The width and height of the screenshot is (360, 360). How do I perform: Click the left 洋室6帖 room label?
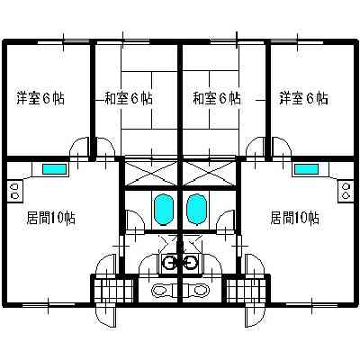tap(40, 98)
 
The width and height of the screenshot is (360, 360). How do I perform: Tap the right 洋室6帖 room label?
tap(304, 98)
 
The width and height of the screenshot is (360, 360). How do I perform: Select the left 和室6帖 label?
tap(129, 98)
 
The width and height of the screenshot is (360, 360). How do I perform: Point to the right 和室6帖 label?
tap(217, 98)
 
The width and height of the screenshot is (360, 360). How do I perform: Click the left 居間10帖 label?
tap(51, 218)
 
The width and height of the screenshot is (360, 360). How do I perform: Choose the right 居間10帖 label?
tap(295, 218)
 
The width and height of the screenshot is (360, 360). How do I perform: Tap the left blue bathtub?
tap(164, 209)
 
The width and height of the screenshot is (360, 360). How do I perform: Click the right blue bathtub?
tap(197, 209)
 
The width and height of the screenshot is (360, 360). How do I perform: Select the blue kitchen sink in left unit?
tap(54, 169)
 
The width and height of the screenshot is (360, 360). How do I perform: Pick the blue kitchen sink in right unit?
tap(306, 169)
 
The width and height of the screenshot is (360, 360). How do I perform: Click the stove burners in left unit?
tap(14, 191)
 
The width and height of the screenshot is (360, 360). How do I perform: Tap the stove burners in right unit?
tap(346, 191)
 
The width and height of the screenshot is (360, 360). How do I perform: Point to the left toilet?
tap(161, 290)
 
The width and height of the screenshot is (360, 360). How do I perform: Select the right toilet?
tap(199, 290)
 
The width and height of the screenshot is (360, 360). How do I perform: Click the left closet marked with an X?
tap(151, 173)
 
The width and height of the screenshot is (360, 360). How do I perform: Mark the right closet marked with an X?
tap(209, 173)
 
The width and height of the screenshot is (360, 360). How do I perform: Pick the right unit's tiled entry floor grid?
tap(247, 291)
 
